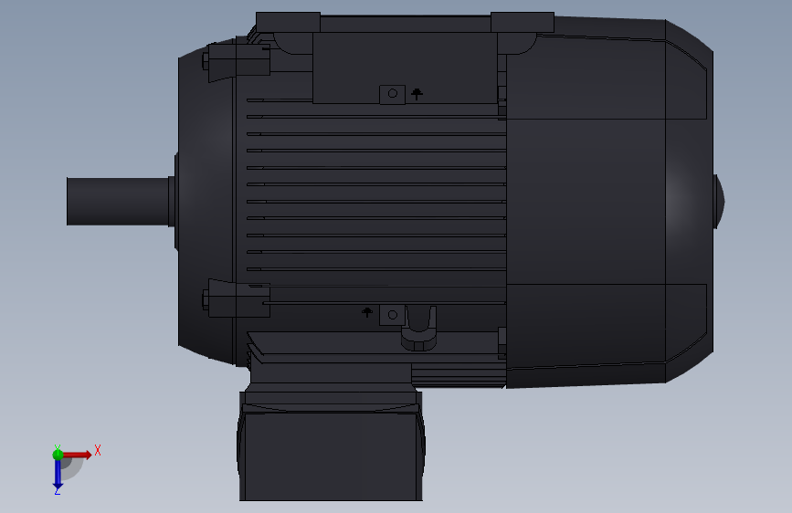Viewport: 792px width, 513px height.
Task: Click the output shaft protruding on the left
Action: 118,202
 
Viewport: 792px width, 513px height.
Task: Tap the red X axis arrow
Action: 76,455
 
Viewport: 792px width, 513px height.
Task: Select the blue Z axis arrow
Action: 58,473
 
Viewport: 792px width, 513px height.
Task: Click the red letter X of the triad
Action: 98,450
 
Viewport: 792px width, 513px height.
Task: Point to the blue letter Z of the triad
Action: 58,491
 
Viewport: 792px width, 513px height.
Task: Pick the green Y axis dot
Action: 58,454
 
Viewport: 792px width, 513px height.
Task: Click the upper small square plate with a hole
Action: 393,94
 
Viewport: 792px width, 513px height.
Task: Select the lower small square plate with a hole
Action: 393,315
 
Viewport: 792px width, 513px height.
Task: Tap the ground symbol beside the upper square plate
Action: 417,94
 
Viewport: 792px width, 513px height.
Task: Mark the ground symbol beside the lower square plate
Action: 367,312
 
